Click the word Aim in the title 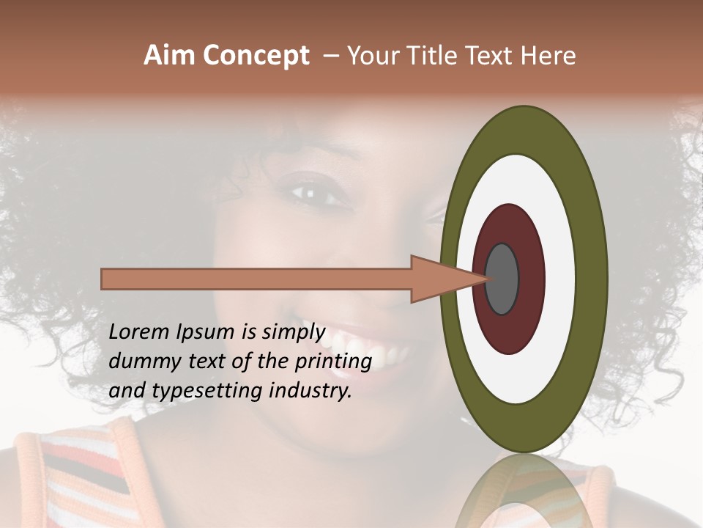pyautogui.click(x=168, y=56)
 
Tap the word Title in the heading pyautogui.click(x=432, y=56)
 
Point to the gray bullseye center pyautogui.click(x=502, y=279)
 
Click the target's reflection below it pyautogui.click(x=523, y=491)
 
